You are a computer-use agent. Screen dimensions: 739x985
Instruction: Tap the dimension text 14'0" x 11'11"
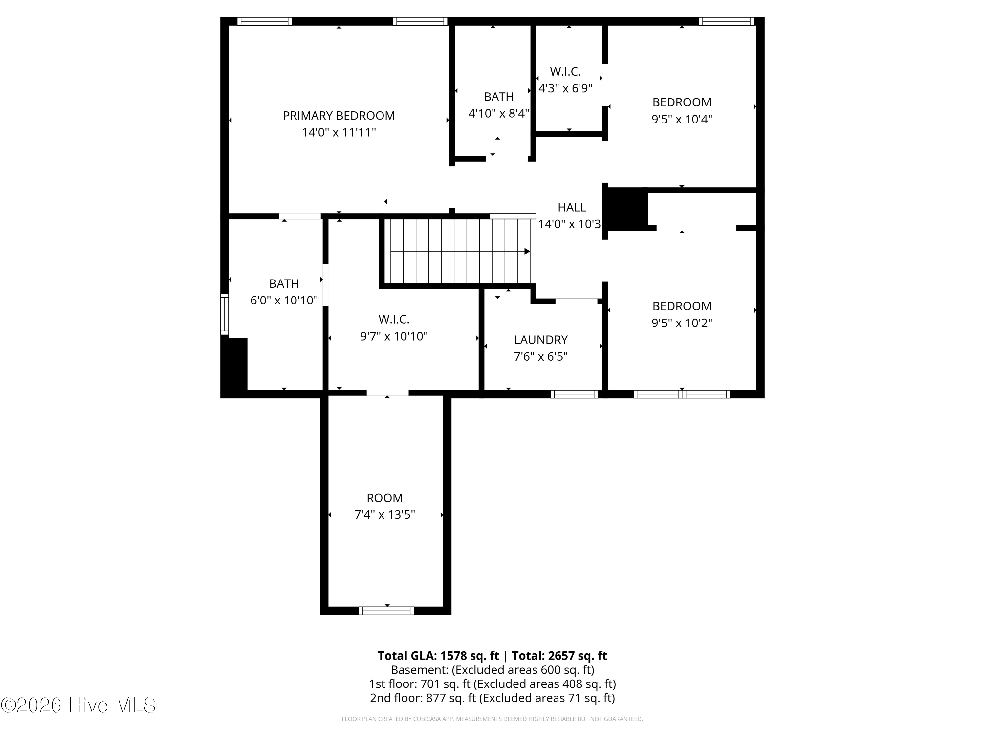pyautogui.click(x=339, y=132)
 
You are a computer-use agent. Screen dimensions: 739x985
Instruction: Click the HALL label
pyautogui.click(x=571, y=207)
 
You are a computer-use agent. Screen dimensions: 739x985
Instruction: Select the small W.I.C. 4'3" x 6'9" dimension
pyautogui.click(x=565, y=88)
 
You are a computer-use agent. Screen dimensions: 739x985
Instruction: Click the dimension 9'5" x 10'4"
pyautogui.click(x=681, y=119)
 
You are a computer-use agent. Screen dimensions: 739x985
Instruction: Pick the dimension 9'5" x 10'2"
pyautogui.click(x=681, y=323)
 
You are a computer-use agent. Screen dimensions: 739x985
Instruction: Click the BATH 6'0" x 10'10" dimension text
pyautogui.click(x=284, y=300)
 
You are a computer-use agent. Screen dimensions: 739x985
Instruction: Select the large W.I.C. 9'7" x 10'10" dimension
pyautogui.click(x=394, y=336)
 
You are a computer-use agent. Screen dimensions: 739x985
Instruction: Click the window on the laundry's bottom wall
pyautogui.click(x=574, y=394)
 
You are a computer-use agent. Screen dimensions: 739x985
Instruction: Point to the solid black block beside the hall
pyautogui.click(x=625, y=209)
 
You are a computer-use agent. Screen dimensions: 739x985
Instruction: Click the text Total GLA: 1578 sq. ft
pyautogui.click(x=438, y=656)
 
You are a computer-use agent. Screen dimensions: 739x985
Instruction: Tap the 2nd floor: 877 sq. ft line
pyautogui.click(x=492, y=698)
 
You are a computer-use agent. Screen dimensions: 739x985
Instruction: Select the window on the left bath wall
pyautogui.click(x=225, y=314)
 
